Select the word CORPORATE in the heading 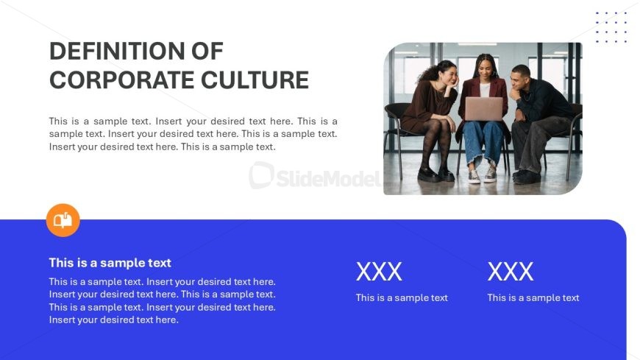coord(121,80)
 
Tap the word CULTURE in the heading coord(255,80)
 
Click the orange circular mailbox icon coord(63,220)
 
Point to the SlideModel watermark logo coord(315,177)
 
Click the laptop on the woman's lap coord(483,109)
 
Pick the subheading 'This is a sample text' coord(110,263)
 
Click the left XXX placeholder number coord(379,272)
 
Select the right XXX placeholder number coord(511,272)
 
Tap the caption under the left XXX coord(402,298)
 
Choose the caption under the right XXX coord(533,298)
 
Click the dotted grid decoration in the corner coord(611,27)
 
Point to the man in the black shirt coord(538,123)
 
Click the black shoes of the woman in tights coord(435,175)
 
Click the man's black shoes coord(526,177)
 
